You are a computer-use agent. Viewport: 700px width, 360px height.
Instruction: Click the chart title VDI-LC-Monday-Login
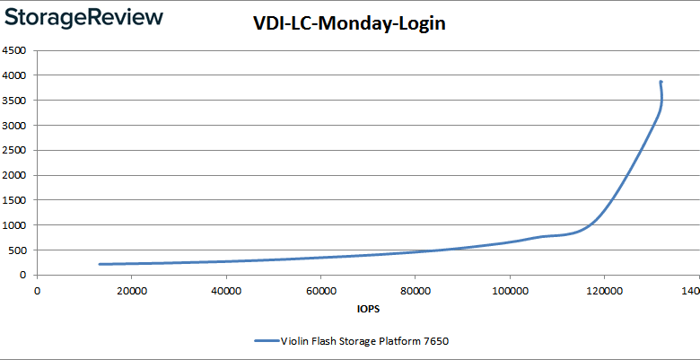click(349, 24)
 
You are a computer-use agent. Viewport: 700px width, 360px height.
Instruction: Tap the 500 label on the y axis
click(17, 250)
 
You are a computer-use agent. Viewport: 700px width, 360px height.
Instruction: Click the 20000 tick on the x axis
click(132, 290)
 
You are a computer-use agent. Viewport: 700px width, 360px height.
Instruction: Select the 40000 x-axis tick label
click(226, 290)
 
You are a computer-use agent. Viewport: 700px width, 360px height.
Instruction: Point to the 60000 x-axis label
click(320, 290)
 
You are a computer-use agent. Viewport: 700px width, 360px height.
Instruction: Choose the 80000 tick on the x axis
click(416, 290)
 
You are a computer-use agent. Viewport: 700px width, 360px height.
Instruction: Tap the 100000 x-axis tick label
click(510, 290)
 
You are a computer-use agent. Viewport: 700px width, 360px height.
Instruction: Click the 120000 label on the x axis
click(604, 290)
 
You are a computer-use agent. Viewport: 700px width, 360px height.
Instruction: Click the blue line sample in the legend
click(266, 341)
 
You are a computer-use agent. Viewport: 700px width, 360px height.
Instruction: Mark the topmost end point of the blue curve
click(661, 82)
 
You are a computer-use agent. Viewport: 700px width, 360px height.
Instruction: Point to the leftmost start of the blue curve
click(100, 264)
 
